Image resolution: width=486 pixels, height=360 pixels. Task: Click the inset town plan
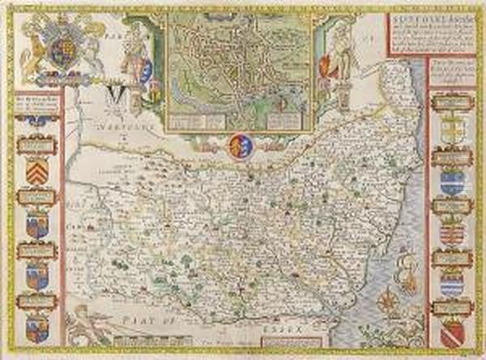pos(239,69)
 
